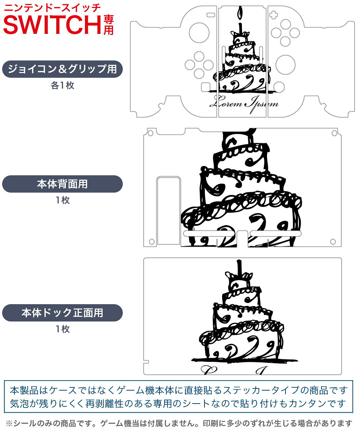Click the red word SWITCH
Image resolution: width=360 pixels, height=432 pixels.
(52, 25)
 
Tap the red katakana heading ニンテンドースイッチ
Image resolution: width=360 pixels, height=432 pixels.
(52, 8)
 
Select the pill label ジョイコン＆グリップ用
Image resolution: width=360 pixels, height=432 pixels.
(62, 69)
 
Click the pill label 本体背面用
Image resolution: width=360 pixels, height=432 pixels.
(62, 184)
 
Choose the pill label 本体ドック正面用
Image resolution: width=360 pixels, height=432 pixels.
(62, 312)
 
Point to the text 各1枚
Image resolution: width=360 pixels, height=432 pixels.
(63, 85)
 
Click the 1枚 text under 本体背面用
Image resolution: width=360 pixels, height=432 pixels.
(63, 200)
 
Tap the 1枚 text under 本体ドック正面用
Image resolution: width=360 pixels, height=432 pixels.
(63, 329)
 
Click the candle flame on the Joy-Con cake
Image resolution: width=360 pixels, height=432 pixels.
(240, 13)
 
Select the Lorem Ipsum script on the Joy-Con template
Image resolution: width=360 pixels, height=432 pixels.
(244, 104)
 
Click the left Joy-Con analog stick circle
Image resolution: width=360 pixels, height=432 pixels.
(199, 33)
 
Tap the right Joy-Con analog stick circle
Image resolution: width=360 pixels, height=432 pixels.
(285, 65)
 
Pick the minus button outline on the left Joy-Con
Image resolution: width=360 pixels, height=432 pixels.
(211, 15)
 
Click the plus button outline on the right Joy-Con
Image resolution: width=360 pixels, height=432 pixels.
(274, 15)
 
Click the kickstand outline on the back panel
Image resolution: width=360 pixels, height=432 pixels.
(168, 211)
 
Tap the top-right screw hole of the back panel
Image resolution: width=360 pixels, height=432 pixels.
(334, 133)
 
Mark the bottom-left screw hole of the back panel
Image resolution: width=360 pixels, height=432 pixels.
(152, 242)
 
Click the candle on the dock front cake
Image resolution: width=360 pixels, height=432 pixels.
(240, 268)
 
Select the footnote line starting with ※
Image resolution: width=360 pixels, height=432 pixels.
(179, 423)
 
